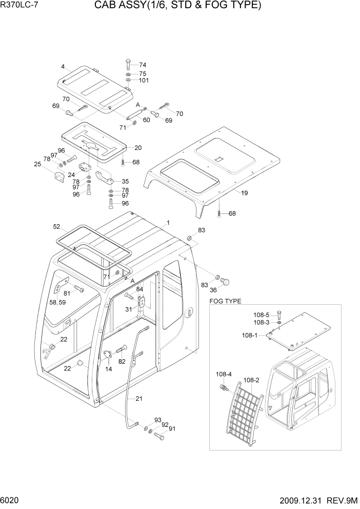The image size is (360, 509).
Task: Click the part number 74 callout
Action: [x=143, y=65]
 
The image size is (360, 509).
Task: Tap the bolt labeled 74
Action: [x=128, y=65]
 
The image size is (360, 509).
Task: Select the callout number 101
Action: [x=144, y=81]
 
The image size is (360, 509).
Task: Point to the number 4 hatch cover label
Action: [x=63, y=67]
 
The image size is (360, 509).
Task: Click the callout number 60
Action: [x=146, y=120]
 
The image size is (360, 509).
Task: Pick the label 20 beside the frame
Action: [x=137, y=148]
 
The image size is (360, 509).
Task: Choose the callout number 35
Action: [x=125, y=181]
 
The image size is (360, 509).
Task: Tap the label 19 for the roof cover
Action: [x=245, y=193]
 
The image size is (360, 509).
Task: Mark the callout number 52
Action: [x=56, y=226]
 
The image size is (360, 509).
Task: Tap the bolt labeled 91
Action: [x=158, y=437]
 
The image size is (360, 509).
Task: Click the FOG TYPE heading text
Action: [x=225, y=301]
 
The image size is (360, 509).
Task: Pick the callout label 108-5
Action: [x=262, y=315]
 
